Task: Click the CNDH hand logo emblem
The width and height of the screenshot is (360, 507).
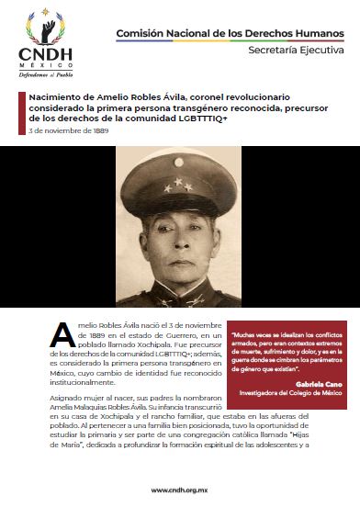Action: [42, 25]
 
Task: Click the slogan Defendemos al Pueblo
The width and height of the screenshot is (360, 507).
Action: [42, 75]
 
